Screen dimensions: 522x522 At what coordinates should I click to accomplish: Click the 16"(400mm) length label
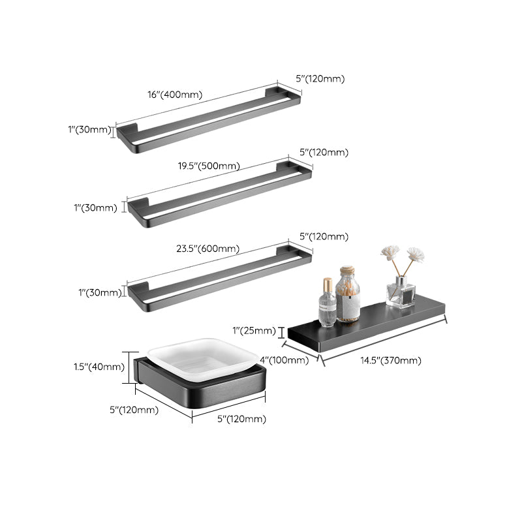click(x=175, y=95)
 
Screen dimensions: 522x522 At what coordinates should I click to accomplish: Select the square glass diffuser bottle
click(x=401, y=292)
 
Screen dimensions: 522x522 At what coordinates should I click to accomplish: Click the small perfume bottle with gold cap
click(x=328, y=303)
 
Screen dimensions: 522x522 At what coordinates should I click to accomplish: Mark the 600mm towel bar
click(x=219, y=275)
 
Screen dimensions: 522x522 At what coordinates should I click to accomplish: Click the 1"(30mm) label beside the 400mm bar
click(x=89, y=130)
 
